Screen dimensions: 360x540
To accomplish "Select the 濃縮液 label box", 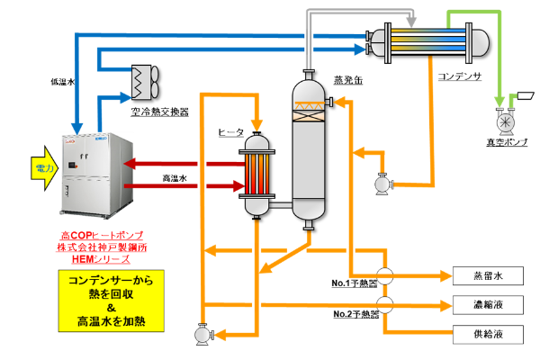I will point(487,305).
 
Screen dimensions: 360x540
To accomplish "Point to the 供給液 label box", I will point(487,335).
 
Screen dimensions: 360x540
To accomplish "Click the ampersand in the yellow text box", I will point(111,306).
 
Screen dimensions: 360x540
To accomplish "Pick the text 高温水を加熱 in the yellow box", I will point(112,320).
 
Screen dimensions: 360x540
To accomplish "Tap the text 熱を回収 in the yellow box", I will point(111,292).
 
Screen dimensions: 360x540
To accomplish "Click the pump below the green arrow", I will point(506,121).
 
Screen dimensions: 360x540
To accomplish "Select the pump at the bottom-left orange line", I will point(202,334).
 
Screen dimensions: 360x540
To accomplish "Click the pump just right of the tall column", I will point(382,184).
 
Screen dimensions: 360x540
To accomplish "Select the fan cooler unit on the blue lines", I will point(143,81).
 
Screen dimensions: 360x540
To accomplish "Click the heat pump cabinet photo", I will point(96,175).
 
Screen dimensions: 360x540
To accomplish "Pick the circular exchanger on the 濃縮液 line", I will point(384,304).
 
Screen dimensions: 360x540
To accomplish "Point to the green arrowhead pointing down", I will point(499,101).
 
